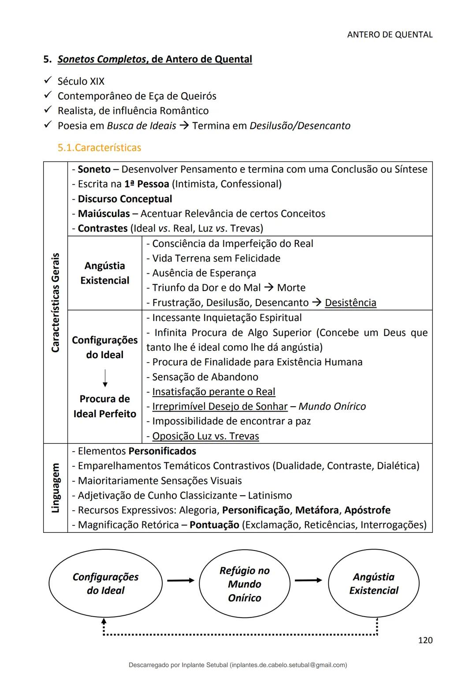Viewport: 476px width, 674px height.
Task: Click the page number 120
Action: tap(425, 640)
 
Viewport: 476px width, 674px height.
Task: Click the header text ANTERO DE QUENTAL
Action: tap(390, 34)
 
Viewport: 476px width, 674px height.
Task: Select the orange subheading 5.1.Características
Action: tap(99, 148)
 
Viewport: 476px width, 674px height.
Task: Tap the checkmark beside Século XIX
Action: tap(48, 81)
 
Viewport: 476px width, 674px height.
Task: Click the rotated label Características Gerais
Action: tap(56, 303)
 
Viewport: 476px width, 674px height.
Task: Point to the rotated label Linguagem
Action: tap(56, 488)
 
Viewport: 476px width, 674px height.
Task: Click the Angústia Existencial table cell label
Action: tap(105, 273)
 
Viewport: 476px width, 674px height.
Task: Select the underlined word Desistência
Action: tap(350, 303)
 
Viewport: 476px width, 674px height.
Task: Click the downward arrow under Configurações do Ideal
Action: tap(105, 378)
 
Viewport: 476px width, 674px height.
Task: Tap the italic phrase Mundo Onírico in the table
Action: tap(332, 406)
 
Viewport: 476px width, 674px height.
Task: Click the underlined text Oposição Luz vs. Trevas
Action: tap(205, 436)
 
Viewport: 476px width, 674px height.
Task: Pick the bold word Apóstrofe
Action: tap(367, 510)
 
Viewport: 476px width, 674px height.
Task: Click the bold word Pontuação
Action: tap(214, 525)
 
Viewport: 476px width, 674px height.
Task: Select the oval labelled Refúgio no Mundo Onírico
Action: tap(244, 584)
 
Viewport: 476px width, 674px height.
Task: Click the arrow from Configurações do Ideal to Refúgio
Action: tap(180, 580)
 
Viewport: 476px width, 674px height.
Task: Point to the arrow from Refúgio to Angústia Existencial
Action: tap(308, 580)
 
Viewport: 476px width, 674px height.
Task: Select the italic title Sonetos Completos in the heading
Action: tap(102, 59)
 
